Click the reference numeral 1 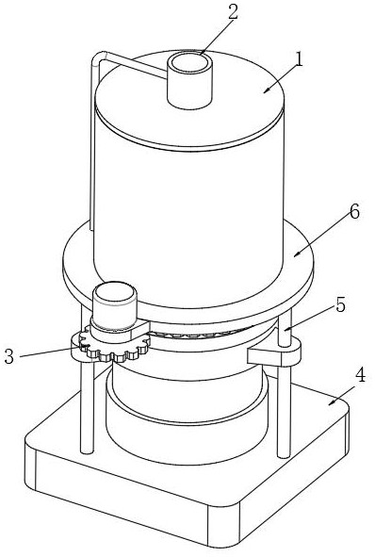(x=299, y=59)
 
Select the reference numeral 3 (x=8, y=356)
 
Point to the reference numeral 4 (x=360, y=375)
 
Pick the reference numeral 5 (x=340, y=304)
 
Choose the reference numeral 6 (x=354, y=212)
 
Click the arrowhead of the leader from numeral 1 (x=266, y=90)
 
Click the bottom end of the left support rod (x=87, y=451)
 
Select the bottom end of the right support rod (x=284, y=454)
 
